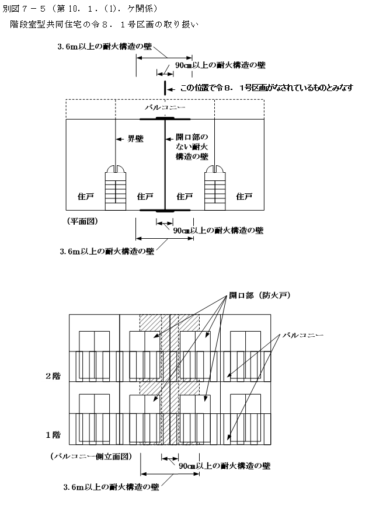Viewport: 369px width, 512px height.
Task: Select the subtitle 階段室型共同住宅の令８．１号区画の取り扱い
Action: click(104, 25)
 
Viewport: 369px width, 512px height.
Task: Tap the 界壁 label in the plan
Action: click(135, 139)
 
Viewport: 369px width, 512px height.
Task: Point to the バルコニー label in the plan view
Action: click(165, 107)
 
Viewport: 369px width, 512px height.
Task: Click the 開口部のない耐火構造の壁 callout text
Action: click(192, 147)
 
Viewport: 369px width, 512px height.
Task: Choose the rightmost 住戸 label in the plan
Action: click(244, 196)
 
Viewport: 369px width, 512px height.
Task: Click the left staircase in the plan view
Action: click(115, 187)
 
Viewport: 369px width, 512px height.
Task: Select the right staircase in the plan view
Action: click(215, 187)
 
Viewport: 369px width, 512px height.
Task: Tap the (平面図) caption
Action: click(83, 221)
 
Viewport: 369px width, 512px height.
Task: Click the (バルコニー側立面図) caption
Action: click(92, 456)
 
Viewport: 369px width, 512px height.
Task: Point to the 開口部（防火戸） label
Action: click(260, 295)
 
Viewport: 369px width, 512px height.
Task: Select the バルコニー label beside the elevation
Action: click(302, 335)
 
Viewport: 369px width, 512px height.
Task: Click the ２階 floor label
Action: click(53, 376)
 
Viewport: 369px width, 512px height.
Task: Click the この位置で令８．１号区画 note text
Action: click(267, 88)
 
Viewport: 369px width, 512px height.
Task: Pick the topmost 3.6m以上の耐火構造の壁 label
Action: click(105, 47)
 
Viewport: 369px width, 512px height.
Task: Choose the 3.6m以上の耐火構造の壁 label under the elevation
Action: click(111, 487)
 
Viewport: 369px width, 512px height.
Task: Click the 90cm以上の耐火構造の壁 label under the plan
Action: click(218, 231)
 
